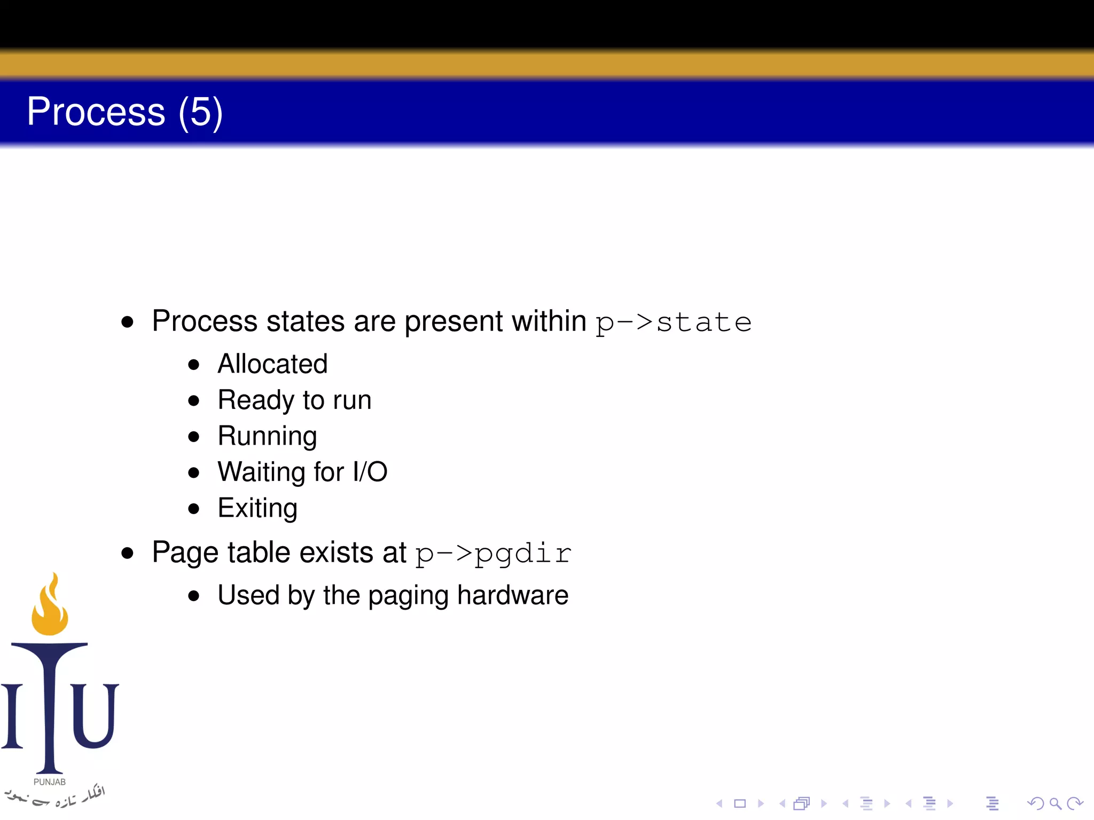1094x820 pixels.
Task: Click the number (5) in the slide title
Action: click(200, 112)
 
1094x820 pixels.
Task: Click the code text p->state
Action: click(673, 322)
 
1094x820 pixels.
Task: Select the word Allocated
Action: click(272, 364)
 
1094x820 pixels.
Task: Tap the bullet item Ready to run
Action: click(294, 400)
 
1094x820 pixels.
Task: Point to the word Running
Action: click(267, 436)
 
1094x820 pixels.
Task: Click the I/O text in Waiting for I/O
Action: click(370, 472)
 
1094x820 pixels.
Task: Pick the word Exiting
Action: click(257, 508)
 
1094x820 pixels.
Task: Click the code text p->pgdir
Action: click(493, 554)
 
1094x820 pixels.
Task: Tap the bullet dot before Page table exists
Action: click(127, 553)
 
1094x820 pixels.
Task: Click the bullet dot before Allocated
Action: click(193, 365)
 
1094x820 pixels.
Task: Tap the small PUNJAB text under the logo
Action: click(50, 782)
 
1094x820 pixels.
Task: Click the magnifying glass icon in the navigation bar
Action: click(1055, 803)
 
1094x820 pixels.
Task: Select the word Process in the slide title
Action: click(96, 112)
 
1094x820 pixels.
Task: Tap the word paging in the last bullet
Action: click(408, 596)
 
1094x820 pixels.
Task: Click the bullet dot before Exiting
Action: click(193, 509)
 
